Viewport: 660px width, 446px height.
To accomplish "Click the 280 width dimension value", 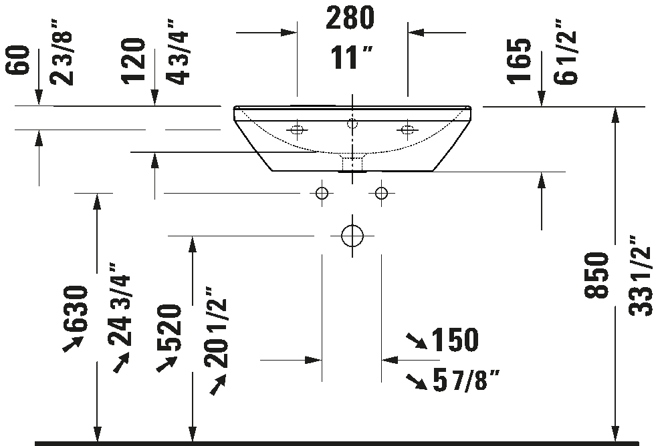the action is point(350,17).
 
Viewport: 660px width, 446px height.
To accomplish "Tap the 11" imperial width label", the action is point(351,57).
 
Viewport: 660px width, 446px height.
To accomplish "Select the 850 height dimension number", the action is point(597,275).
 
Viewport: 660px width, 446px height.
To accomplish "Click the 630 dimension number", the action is point(76,308).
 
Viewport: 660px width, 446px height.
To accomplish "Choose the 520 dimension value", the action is point(170,328).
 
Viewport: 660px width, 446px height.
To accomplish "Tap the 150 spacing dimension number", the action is point(455,340).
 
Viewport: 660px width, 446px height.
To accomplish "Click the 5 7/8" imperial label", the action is point(466,380).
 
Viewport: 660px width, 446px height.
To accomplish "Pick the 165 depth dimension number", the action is point(519,61).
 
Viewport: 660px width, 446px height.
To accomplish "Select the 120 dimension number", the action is point(133,61).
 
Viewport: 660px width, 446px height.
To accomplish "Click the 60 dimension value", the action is point(18,60).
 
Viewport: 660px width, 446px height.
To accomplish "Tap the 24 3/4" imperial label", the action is point(119,304).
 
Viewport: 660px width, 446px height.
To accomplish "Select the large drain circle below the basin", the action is point(352,236).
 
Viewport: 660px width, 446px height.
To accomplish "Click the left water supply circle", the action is point(322,194).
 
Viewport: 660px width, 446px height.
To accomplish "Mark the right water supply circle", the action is point(381,194).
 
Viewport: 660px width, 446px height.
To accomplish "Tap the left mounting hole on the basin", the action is point(297,130).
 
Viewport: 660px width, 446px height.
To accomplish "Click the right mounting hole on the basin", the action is point(407,130).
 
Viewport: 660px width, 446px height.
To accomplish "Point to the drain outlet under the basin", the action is point(352,163).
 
